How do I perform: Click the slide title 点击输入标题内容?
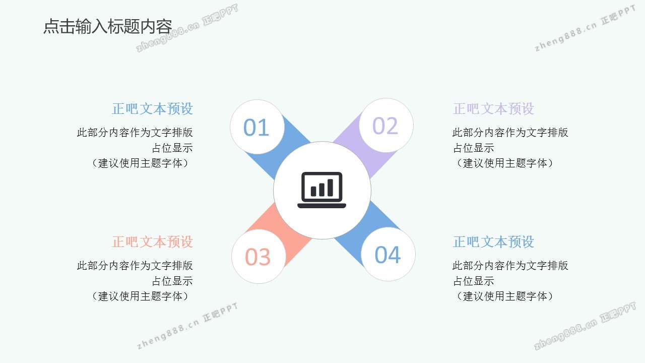point(108,27)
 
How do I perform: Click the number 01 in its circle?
point(256,128)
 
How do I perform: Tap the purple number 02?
point(385,126)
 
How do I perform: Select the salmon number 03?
point(257,257)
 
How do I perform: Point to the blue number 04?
point(388,255)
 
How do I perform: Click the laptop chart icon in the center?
point(321,190)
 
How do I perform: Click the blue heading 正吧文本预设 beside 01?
point(152,109)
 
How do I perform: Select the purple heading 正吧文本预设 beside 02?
point(493,109)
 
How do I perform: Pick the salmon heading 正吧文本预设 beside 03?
point(152,241)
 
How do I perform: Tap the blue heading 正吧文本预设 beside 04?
point(493,241)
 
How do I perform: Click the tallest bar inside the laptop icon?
point(330,188)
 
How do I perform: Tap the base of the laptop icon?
point(321,206)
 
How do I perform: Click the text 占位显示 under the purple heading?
point(473,148)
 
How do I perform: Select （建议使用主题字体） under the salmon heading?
point(140,296)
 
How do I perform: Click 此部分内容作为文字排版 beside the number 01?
point(135,133)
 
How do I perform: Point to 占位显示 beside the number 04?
point(473,281)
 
